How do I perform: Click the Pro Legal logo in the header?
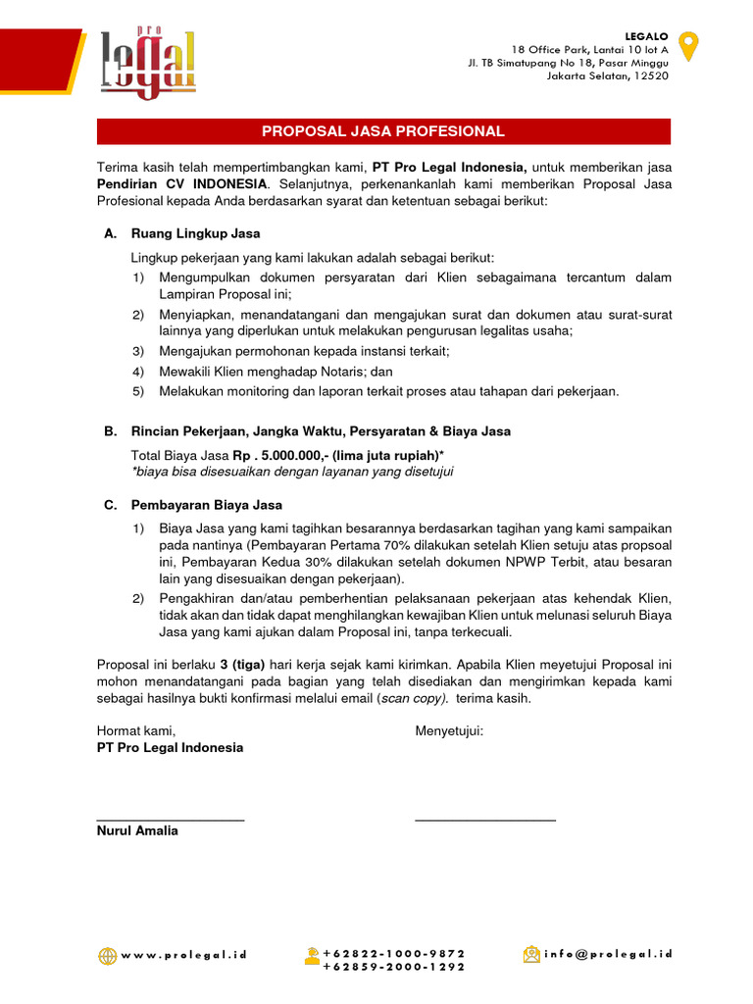click(147, 64)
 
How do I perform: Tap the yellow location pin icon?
click(690, 46)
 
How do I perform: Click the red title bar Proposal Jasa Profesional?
click(383, 131)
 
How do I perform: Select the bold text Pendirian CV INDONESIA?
click(181, 183)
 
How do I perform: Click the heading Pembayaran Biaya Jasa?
click(206, 505)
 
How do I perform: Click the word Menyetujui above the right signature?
click(449, 730)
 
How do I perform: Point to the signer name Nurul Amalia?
click(137, 830)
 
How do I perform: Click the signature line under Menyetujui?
click(485, 819)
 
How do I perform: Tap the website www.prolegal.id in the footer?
click(184, 954)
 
